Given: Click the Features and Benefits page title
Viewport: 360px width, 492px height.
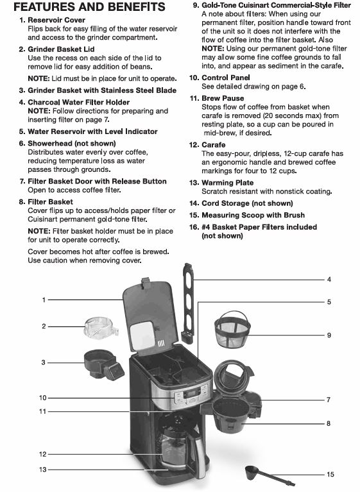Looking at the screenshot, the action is click(x=89, y=7).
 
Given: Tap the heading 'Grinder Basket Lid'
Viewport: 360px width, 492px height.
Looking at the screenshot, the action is click(x=61, y=49).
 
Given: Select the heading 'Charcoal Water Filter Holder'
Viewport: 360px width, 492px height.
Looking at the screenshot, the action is click(x=78, y=102).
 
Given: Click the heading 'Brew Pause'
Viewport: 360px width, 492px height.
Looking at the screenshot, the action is click(x=223, y=98).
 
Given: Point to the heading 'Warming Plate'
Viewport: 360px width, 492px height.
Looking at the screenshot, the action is click(x=228, y=183).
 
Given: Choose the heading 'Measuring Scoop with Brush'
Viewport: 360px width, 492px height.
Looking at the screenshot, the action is click(x=253, y=216).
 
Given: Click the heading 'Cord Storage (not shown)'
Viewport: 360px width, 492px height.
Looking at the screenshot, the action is click(x=247, y=203).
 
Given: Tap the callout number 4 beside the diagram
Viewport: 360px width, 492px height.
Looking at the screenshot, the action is click(x=329, y=279).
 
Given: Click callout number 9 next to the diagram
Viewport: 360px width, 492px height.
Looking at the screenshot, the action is click(x=329, y=335).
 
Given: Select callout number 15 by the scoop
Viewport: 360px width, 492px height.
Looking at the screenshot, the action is click(x=330, y=474).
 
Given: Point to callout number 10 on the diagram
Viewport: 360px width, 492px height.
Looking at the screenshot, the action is click(x=43, y=398).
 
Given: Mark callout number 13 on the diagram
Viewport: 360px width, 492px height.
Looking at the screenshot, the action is click(x=43, y=470).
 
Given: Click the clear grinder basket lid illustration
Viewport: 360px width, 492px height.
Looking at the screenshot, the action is click(x=101, y=328).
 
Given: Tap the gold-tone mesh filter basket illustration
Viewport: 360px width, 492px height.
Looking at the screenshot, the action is click(x=232, y=330).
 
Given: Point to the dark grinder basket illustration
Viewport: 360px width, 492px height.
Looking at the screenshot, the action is click(x=103, y=365).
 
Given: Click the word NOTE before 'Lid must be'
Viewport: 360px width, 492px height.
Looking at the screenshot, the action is click(x=39, y=79).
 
